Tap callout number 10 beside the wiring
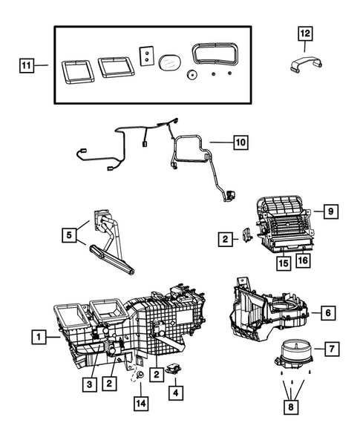[x=238, y=140]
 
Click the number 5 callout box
[x=69, y=236]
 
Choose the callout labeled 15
[x=282, y=262]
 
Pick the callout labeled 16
[x=302, y=262]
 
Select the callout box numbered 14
[x=140, y=403]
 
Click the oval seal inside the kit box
[x=170, y=59]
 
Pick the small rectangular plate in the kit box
[x=146, y=56]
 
